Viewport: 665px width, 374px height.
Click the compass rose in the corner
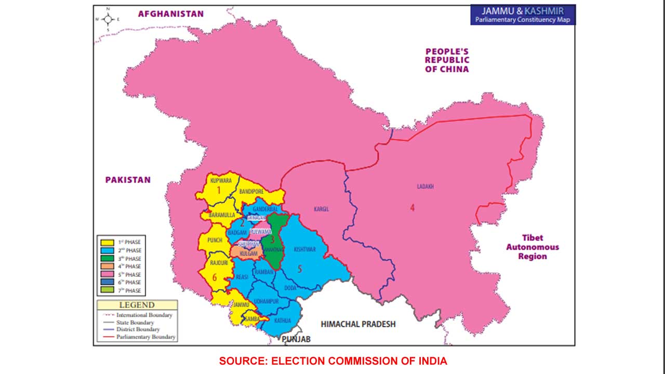[x=108, y=19]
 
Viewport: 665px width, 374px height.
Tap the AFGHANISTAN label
[x=170, y=14]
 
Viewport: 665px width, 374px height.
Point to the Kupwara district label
[x=221, y=180]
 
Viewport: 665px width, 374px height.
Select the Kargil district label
[x=322, y=209]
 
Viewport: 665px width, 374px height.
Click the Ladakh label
[x=425, y=186]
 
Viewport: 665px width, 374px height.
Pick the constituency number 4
[x=412, y=208]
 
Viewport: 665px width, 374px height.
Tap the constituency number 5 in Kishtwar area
[x=299, y=269]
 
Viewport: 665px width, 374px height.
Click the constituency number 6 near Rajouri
[x=215, y=277]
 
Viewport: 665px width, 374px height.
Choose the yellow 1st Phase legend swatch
[x=108, y=242]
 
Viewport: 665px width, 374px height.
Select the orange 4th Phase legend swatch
[x=108, y=266]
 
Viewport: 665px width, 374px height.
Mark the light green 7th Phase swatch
[x=108, y=291]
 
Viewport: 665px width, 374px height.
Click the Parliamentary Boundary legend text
[x=146, y=337]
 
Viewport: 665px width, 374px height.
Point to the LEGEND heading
[x=137, y=305]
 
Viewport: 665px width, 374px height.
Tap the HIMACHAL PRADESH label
[x=358, y=324]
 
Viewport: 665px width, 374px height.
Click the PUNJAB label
[x=296, y=339]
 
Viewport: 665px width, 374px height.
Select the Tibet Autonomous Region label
[x=533, y=247]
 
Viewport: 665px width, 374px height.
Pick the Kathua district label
[x=283, y=320]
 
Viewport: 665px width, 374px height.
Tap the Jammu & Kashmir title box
[x=523, y=15]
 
